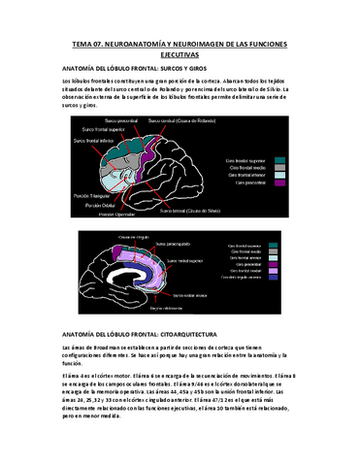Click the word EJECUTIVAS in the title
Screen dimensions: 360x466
[x=180, y=55]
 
